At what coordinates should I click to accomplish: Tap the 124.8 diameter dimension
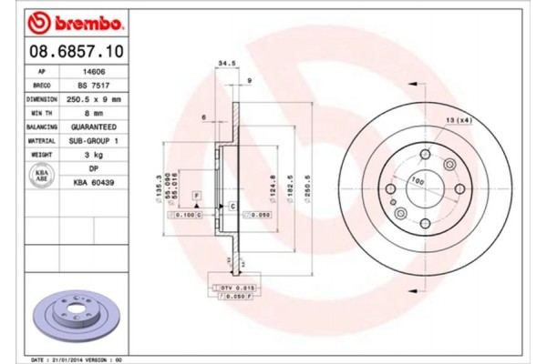(273, 189)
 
